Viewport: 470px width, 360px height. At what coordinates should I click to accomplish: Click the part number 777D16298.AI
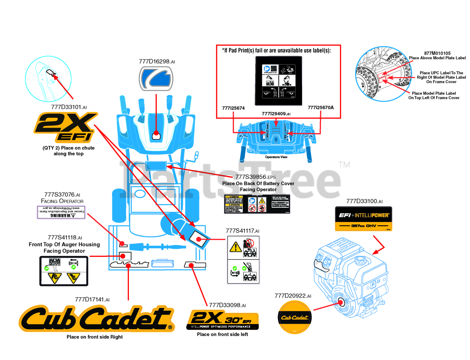click(x=157, y=62)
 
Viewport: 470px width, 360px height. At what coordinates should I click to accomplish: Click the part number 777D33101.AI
click(x=69, y=107)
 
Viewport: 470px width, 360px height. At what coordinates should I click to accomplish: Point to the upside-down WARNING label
click(x=61, y=212)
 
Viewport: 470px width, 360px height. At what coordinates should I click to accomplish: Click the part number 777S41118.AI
click(x=65, y=237)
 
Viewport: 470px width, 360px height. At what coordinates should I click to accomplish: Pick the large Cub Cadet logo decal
click(x=97, y=319)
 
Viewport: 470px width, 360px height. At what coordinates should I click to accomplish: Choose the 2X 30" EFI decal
click(x=223, y=320)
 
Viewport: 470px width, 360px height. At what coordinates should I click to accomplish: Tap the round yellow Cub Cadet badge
click(x=294, y=317)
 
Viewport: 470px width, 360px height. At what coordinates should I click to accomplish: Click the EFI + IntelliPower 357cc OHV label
click(x=364, y=219)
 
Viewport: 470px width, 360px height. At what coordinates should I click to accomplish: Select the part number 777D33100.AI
click(x=364, y=201)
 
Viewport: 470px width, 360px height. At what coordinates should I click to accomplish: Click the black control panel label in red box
click(x=278, y=81)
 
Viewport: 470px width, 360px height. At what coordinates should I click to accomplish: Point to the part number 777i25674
click(x=233, y=108)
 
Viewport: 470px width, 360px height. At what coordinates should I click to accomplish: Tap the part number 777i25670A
click(x=321, y=108)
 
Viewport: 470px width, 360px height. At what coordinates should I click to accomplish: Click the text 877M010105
click(x=437, y=53)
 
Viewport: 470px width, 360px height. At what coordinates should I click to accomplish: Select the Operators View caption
click(x=276, y=157)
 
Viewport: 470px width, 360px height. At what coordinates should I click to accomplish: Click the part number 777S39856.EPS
click(x=256, y=177)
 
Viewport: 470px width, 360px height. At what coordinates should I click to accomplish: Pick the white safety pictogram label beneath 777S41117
click(x=243, y=260)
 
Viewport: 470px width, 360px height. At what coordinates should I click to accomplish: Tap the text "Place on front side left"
click(x=223, y=334)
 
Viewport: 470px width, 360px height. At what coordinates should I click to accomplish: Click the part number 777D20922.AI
click(x=293, y=296)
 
